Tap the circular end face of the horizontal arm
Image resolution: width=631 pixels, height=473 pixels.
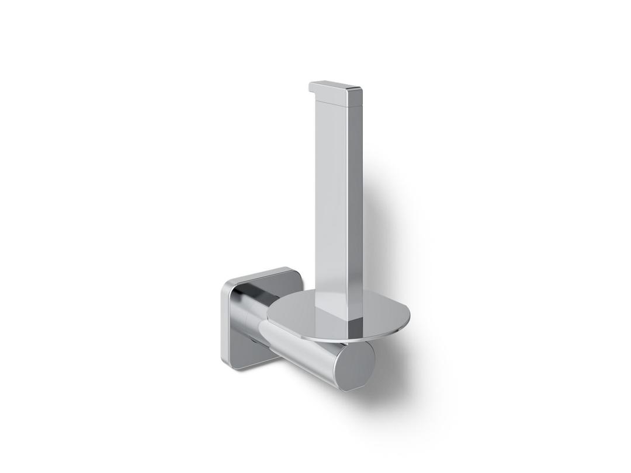click(354, 367)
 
